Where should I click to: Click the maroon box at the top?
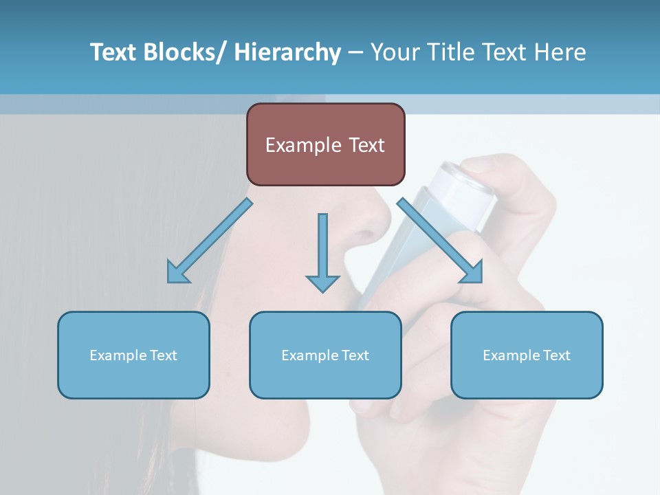point(325,144)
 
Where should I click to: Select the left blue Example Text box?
point(133,355)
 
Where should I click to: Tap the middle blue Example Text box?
point(325,355)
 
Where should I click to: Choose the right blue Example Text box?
point(527,355)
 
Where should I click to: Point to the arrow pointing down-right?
point(441,242)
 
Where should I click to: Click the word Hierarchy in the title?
point(287,52)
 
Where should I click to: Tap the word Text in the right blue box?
point(555,355)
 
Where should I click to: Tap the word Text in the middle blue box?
point(354,355)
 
